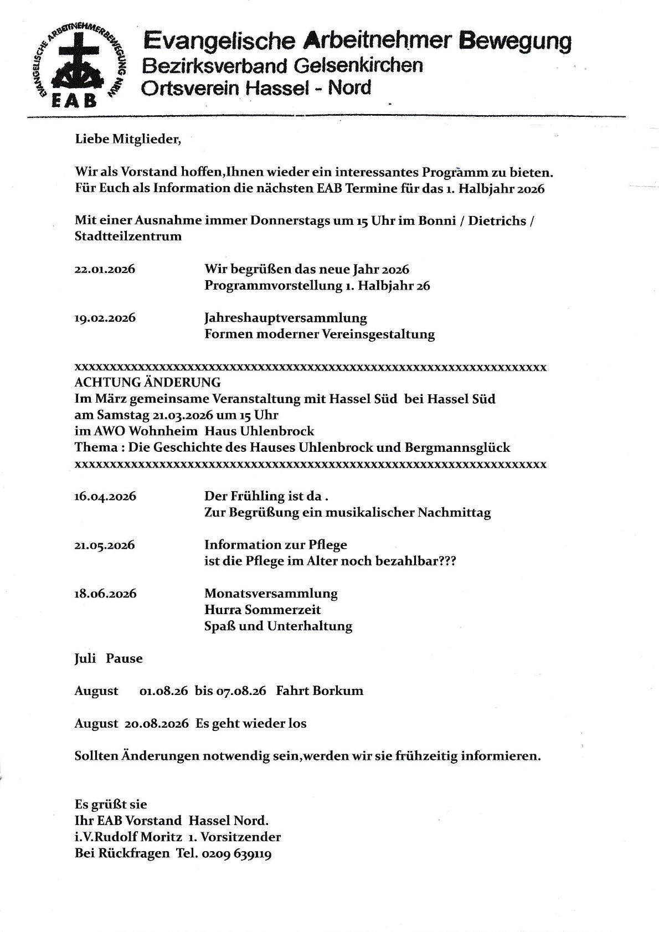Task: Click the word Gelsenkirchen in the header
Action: click(x=358, y=66)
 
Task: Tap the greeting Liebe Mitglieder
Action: click(x=127, y=139)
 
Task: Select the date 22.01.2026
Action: click(x=105, y=270)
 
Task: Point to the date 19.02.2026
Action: click(x=105, y=318)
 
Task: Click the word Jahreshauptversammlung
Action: click(x=285, y=318)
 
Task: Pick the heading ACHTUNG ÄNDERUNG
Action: click(x=147, y=383)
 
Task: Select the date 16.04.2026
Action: click(x=105, y=497)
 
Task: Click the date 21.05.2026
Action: click(x=105, y=545)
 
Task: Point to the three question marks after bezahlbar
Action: click(x=447, y=561)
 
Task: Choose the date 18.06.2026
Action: click(x=105, y=594)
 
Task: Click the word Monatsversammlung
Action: click(x=271, y=594)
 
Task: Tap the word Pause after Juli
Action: click(x=125, y=659)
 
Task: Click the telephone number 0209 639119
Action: click(x=236, y=853)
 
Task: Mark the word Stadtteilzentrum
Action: click(x=128, y=236)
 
